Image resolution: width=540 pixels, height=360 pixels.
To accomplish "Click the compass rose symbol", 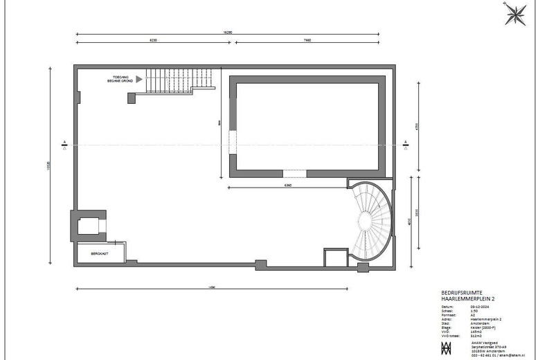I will (514, 14).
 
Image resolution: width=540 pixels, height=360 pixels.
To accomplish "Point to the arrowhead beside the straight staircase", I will (139, 80).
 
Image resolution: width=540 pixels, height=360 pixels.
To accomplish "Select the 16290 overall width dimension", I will (227, 32).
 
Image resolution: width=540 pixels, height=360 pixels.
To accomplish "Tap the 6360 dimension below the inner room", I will (287, 186).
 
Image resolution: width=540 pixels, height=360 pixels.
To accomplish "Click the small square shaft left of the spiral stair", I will (334, 258).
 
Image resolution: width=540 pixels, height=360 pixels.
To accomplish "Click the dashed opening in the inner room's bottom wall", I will (294, 173).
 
